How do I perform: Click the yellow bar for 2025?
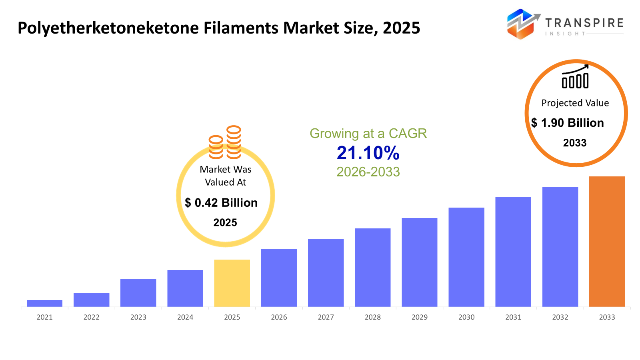coord(232,283)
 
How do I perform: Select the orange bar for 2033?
coord(607,242)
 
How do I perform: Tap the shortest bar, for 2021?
coord(44,303)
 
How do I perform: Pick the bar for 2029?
coord(419,262)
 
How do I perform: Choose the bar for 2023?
coord(138,293)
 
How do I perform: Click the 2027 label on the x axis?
coord(326,317)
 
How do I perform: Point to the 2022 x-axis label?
coord(91,317)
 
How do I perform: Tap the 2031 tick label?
coord(513,317)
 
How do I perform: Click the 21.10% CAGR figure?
coord(368,153)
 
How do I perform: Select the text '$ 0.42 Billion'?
coord(221,203)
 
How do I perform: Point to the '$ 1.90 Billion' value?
coord(568,123)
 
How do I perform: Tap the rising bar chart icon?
coord(575,76)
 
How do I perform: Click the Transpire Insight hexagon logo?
coord(521,24)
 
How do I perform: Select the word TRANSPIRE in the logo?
coord(584,23)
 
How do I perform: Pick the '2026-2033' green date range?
coord(368,172)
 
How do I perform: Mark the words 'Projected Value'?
coord(575,103)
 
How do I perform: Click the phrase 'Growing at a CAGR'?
coord(368,133)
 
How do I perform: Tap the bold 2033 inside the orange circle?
coord(575,143)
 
